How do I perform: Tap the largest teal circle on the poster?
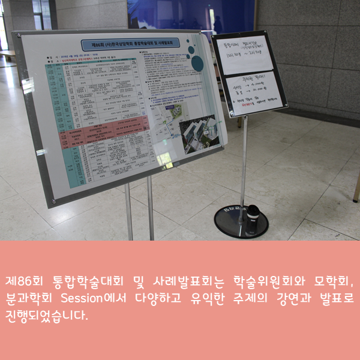click(x=197, y=62)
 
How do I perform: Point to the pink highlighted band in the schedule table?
click(x=108, y=127)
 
